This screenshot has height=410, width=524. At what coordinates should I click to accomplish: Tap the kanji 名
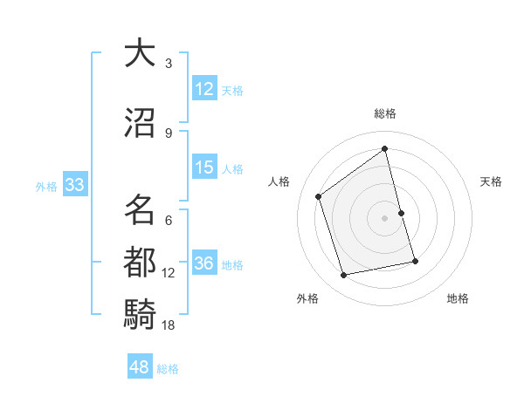pyautogui.click(x=141, y=209)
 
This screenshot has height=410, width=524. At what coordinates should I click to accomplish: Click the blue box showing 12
pyautogui.click(x=204, y=89)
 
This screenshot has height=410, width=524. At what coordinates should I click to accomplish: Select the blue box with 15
pyautogui.click(x=204, y=167)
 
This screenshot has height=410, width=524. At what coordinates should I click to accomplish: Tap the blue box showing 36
pyautogui.click(x=204, y=263)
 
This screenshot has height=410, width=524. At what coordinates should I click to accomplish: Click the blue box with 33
pyautogui.click(x=74, y=185)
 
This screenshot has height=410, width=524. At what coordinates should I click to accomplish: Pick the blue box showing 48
pyautogui.click(x=140, y=367)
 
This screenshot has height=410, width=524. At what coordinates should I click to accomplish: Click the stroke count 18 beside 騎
pyautogui.click(x=169, y=325)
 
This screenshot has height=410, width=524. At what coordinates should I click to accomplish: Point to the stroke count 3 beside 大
pyautogui.click(x=169, y=64)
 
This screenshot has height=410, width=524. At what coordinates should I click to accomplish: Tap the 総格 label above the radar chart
pyautogui.click(x=385, y=113)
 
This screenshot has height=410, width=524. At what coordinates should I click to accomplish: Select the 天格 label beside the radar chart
pyautogui.click(x=491, y=181)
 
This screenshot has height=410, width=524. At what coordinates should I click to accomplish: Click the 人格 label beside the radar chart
pyautogui.click(x=279, y=181)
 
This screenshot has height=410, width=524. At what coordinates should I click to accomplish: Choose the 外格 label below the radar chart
pyautogui.click(x=307, y=298)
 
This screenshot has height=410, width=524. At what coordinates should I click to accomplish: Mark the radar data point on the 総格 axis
pyautogui.click(x=385, y=149)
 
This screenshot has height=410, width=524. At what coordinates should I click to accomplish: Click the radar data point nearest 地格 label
pyautogui.click(x=416, y=261)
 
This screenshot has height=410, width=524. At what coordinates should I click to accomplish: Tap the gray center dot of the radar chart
pyautogui.click(x=385, y=217)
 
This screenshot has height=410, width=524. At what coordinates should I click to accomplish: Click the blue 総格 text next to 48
pyautogui.click(x=168, y=369)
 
